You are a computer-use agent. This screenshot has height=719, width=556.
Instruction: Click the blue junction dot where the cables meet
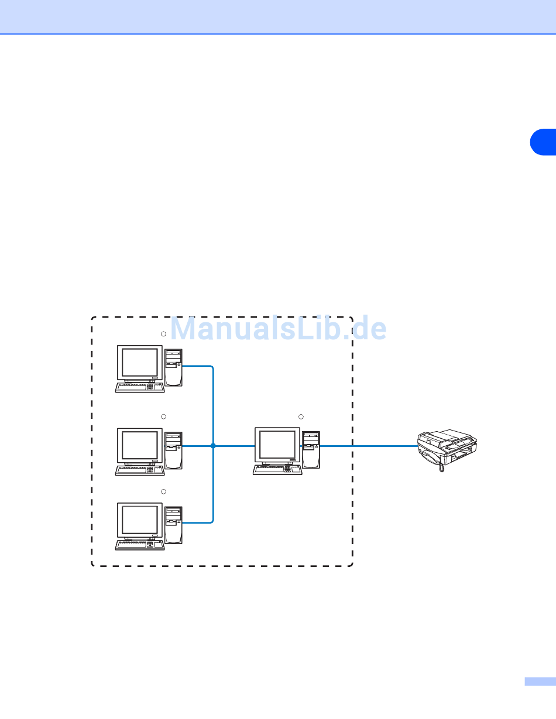(x=213, y=446)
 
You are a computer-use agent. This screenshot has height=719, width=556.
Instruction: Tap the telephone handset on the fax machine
(x=433, y=459)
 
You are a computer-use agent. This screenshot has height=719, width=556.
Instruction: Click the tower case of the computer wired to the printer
(x=311, y=449)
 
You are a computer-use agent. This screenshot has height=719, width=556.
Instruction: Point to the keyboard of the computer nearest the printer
(x=277, y=470)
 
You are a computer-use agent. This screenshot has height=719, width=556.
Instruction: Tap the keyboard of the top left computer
(x=140, y=388)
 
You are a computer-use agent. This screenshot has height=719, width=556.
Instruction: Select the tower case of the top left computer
(x=174, y=367)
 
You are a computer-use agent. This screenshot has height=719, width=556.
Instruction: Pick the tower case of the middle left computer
(x=174, y=449)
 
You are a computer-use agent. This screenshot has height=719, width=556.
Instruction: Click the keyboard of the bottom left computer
(x=140, y=546)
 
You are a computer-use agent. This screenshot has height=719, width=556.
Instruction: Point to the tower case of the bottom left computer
(x=174, y=524)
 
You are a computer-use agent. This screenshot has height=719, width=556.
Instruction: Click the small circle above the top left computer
(x=164, y=333)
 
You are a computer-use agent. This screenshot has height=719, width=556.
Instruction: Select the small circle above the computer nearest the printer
(x=301, y=416)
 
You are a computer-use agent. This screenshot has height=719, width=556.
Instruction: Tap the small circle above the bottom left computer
(x=164, y=491)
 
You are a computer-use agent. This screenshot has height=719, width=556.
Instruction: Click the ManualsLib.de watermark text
(x=278, y=329)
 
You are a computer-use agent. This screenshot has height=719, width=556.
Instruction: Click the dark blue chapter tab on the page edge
(x=544, y=142)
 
